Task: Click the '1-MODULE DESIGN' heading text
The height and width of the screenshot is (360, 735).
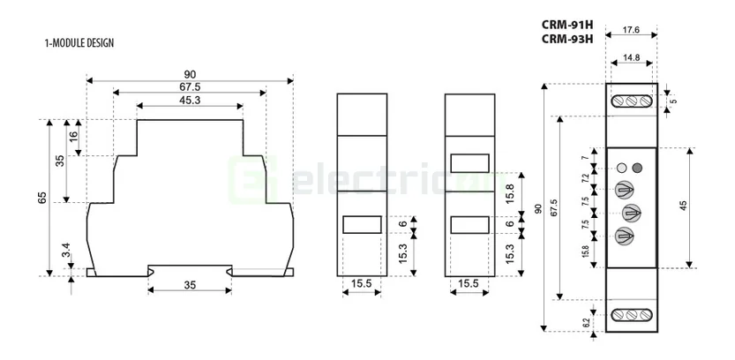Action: click(x=79, y=42)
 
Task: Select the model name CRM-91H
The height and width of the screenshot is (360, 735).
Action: click(x=566, y=26)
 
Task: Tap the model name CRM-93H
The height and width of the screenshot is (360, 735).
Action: click(x=566, y=39)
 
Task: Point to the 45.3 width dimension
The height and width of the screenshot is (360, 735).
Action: click(x=189, y=100)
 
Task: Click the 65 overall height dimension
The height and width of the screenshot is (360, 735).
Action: click(x=41, y=197)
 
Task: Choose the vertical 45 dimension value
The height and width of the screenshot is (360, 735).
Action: click(x=682, y=206)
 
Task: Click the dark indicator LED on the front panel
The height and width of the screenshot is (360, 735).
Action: click(x=638, y=168)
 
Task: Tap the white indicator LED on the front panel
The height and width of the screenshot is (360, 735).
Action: click(x=622, y=168)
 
